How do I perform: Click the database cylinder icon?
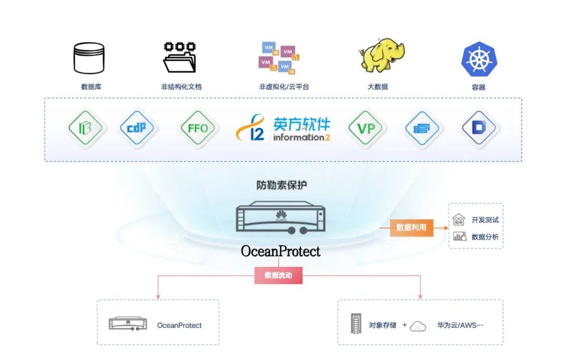point(88,58)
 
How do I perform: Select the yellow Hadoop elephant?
point(381,55)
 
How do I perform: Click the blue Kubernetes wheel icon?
point(479,59)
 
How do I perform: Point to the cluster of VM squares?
point(279,57)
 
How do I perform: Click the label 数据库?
point(91,87)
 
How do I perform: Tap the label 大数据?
point(377,87)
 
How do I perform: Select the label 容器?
point(478,87)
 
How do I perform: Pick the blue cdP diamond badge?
point(137,128)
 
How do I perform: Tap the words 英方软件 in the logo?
point(302,125)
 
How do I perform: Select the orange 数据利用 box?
point(411,227)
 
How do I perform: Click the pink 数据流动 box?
point(278,275)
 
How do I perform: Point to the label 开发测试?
point(485,220)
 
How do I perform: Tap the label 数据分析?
point(485,237)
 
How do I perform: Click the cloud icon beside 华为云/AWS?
point(418,326)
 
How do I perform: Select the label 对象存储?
point(383,325)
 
